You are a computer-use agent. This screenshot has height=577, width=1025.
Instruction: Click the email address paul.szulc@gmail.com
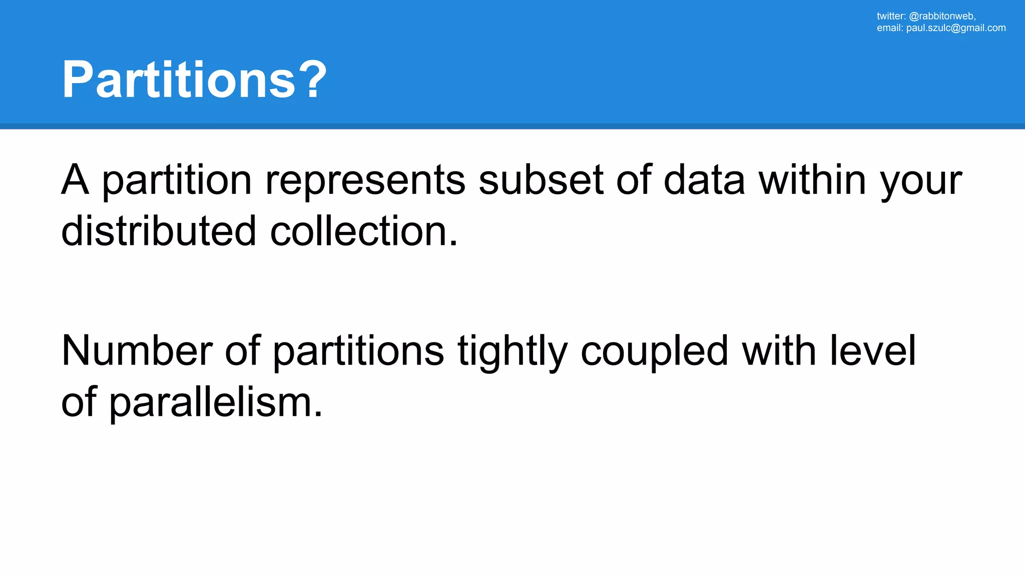(x=955, y=28)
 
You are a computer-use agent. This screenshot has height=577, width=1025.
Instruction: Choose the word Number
(x=137, y=351)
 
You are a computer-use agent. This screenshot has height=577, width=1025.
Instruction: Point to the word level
(x=873, y=351)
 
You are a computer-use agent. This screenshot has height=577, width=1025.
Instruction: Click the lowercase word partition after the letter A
(x=177, y=180)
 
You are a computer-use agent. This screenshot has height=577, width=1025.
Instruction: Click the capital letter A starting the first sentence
(x=75, y=179)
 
